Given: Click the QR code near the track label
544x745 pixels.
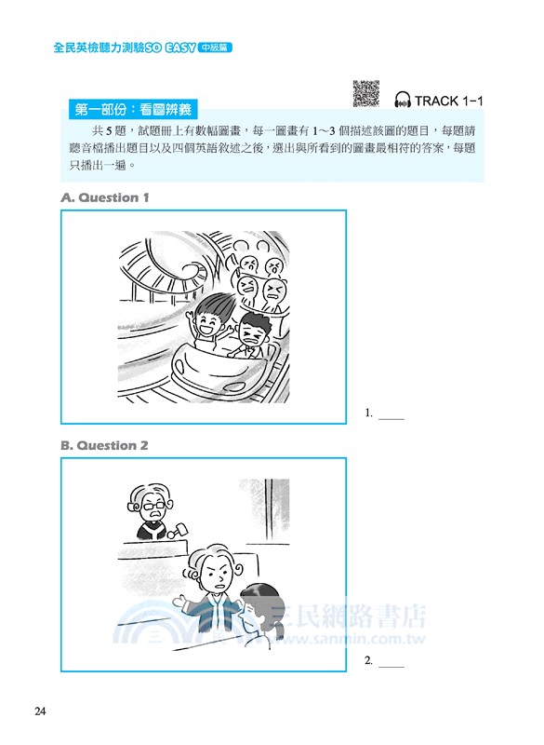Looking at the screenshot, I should pyautogui.click(x=366, y=94).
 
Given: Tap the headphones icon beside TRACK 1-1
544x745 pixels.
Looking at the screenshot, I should pyautogui.click(x=403, y=101).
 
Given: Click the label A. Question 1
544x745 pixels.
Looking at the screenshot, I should pyautogui.click(x=104, y=197).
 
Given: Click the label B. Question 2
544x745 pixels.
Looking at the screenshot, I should pyautogui.click(x=104, y=445).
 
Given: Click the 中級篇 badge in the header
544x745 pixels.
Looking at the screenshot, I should pyautogui.click(x=214, y=44).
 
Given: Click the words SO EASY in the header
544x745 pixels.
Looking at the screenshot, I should pyautogui.click(x=166, y=44).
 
